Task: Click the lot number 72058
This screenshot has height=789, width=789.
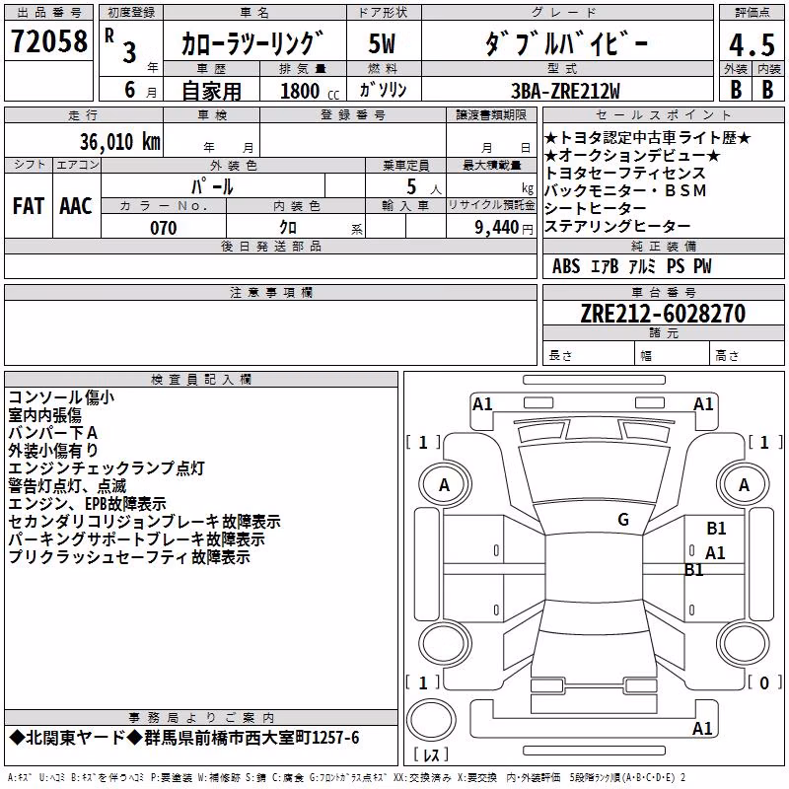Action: click(x=49, y=40)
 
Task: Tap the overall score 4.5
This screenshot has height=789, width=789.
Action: click(x=752, y=45)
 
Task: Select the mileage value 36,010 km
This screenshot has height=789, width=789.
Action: click(x=120, y=142)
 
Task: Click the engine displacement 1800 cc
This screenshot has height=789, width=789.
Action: click(x=310, y=91)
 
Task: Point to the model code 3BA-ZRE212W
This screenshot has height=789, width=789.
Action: click(x=565, y=91)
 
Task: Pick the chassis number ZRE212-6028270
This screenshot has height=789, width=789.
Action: click(x=663, y=314)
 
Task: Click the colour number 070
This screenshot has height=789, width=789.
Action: click(x=164, y=228)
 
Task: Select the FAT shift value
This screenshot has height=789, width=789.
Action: click(x=29, y=206)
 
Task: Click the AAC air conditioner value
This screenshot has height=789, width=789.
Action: click(x=76, y=206)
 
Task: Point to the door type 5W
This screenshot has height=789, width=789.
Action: click(x=382, y=43)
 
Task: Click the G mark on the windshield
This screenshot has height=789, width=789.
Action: click(x=623, y=520)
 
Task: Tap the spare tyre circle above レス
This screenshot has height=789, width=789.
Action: click(x=431, y=719)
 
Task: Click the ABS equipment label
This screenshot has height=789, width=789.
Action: click(x=566, y=266)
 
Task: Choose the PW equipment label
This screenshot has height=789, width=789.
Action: click(x=702, y=266)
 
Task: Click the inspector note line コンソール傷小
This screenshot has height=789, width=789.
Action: click(x=61, y=397)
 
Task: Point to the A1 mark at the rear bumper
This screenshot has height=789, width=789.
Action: click(x=702, y=728)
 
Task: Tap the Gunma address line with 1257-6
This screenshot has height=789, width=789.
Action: click(x=184, y=738)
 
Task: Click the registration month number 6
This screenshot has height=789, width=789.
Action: click(x=130, y=90)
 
